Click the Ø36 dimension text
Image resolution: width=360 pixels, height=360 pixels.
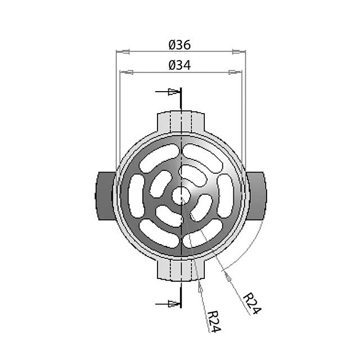click(180, 44)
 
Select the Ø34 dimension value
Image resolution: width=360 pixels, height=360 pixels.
click(180, 65)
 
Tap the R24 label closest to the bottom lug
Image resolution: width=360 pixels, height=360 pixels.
click(213, 321)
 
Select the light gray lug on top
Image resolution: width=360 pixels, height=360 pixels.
click(181, 120)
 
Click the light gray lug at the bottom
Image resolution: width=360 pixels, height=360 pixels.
click(181, 270)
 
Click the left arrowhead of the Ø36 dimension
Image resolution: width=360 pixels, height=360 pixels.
click(123, 52)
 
